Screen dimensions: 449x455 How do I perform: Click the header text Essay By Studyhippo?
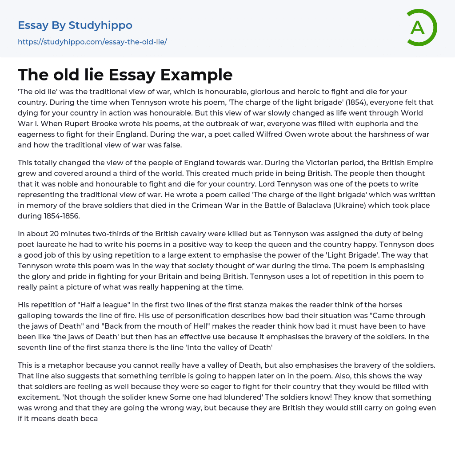(x=75, y=25)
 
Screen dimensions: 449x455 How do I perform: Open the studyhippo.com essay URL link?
(x=92, y=42)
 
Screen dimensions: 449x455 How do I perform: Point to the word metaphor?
(x=74, y=365)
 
